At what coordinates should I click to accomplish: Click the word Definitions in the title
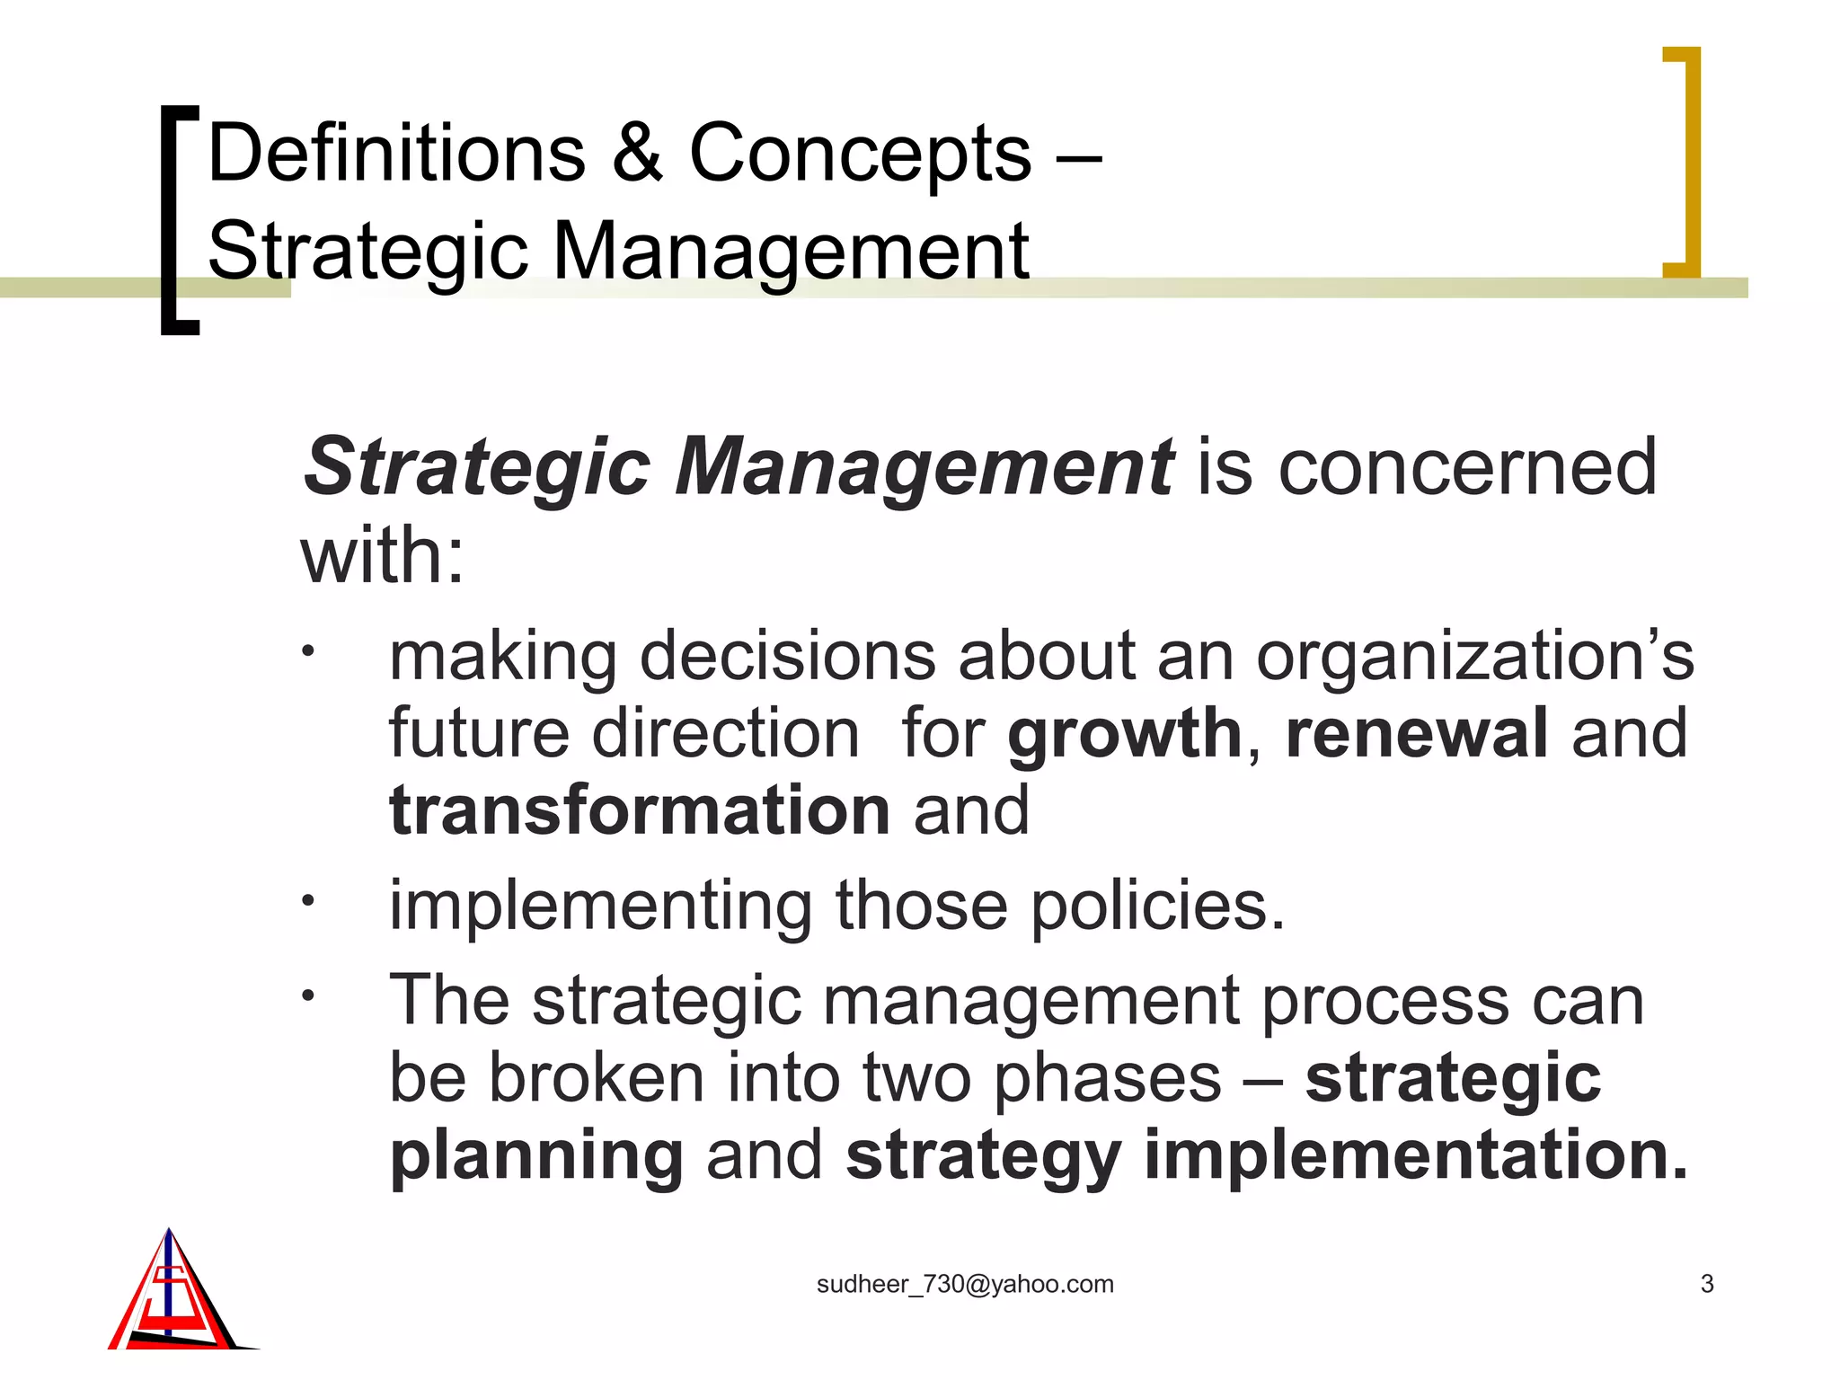point(396,154)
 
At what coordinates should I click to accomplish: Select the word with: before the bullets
point(383,556)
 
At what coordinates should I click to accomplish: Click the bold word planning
point(536,1157)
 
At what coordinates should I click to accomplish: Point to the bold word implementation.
point(1415,1155)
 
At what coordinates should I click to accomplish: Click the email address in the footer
point(965,1285)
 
